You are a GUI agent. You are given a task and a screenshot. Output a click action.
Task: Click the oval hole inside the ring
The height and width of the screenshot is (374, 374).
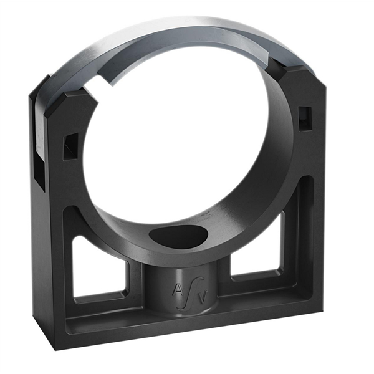[179, 237]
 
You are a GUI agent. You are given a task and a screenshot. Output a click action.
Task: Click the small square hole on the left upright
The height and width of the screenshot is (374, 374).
[70, 146]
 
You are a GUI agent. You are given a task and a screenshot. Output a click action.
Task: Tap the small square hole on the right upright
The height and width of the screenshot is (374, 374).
[305, 118]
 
